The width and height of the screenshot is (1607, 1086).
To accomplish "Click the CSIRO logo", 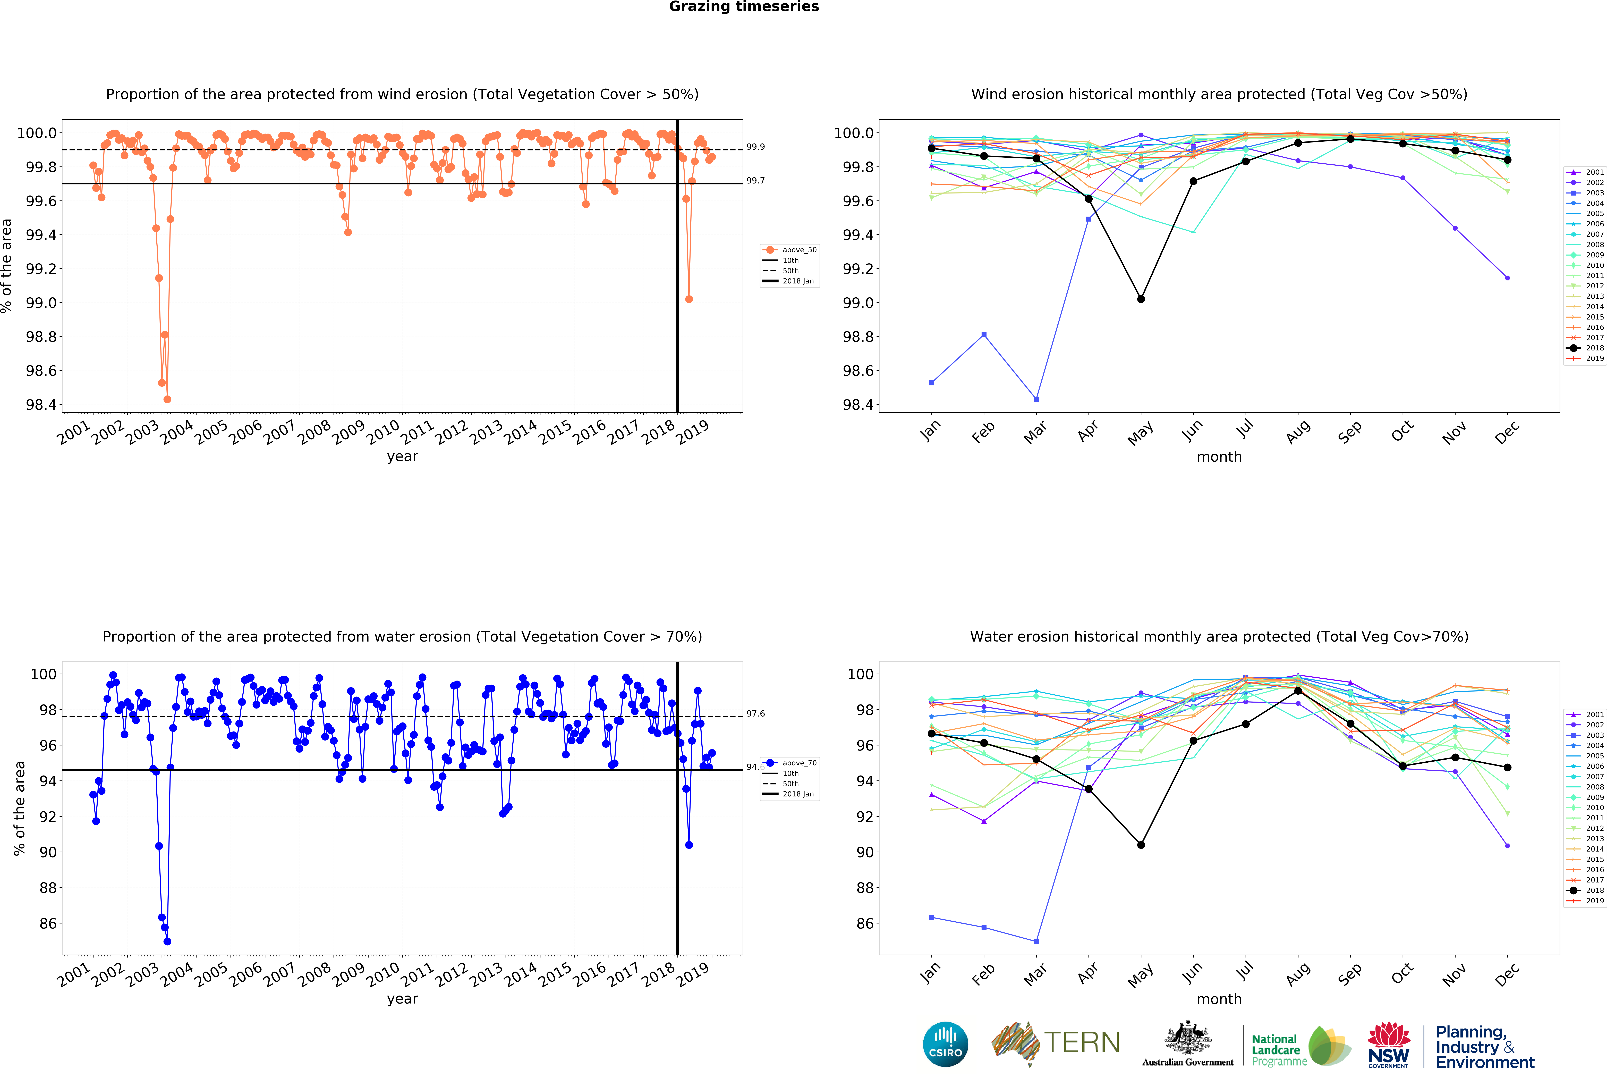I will [x=945, y=1044].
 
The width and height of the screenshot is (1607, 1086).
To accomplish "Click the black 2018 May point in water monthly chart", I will [x=1141, y=845].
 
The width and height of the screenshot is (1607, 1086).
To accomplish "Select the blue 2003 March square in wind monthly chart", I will [x=1036, y=399].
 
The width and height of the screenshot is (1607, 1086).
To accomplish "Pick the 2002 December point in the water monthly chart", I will [x=1507, y=846].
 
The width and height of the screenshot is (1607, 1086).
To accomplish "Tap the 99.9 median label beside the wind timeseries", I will [x=755, y=147].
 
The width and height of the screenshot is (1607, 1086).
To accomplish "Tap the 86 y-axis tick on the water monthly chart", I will [x=864, y=923].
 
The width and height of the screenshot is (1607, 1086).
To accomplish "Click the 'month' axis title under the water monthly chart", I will [x=1219, y=999].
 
